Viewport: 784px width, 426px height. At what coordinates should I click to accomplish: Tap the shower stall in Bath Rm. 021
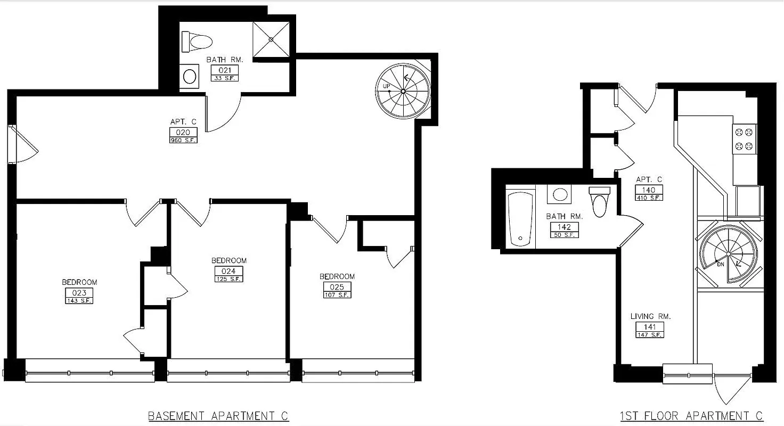click(271, 39)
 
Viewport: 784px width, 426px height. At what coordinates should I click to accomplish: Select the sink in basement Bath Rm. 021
click(189, 76)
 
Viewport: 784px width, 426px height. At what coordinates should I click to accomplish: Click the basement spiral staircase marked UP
click(403, 92)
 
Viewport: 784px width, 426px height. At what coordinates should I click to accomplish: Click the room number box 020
click(176, 133)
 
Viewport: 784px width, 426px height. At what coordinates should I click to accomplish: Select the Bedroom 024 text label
click(229, 260)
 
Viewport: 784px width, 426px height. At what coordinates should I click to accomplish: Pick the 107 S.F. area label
click(337, 295)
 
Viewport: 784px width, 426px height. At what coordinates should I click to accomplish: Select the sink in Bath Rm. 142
click(560, 194)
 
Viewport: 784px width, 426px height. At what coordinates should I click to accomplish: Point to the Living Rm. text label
click(650, 316)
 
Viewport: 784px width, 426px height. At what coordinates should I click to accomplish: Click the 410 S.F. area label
click(649, 198)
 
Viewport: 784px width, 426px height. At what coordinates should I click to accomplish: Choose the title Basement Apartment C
click(218, 415)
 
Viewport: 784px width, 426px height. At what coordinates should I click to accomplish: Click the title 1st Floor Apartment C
click(691, 415)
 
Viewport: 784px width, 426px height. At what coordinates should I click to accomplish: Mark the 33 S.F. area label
click(225, 78)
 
